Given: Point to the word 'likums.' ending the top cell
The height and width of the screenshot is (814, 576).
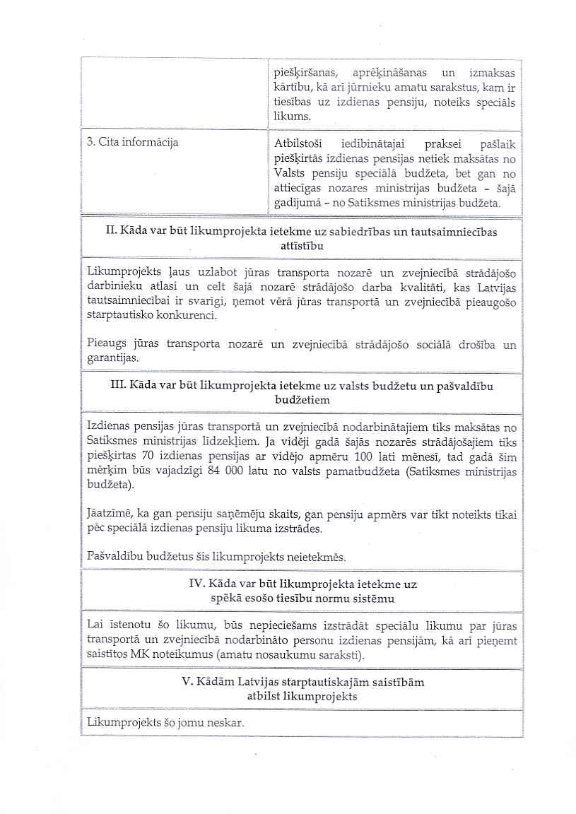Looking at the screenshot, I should [x=291, y=115].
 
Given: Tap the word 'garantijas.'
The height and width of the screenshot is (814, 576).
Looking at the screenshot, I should [x=112, y=358].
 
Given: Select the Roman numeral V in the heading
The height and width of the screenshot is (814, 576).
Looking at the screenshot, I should [x=185, y=683].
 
